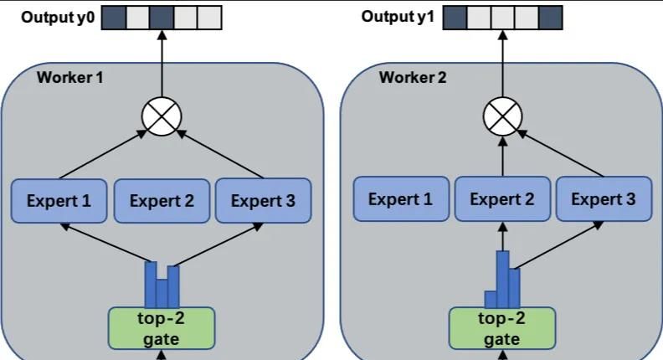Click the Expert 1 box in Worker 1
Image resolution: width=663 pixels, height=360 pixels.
click(59, 201)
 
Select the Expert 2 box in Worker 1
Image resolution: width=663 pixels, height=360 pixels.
click(161, 201)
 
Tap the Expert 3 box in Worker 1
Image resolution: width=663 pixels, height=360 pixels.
click(263, 201)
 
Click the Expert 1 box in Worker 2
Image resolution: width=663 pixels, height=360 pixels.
click(400, 199)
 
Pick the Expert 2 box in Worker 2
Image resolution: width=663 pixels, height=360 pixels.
click(501, 199)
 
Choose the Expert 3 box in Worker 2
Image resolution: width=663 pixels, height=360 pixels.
click(603, 199)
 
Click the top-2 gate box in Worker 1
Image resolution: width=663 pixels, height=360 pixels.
click(162, 327)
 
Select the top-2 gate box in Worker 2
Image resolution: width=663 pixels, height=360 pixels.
click(501, 327)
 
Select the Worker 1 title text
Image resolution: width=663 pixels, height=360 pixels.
click(70, 78)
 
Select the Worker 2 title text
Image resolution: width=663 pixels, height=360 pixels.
click(413, 78)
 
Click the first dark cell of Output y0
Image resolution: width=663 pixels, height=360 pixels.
click(114, 17)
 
